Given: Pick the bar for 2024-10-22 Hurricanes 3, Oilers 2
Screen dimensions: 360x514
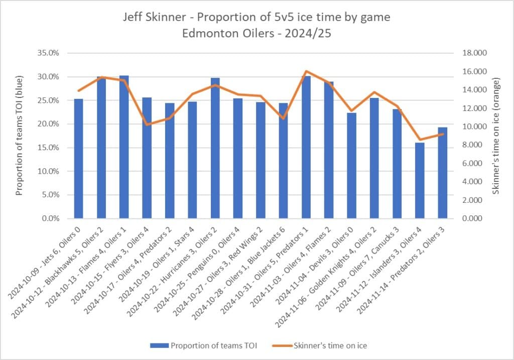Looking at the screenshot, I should (x=215, y=148).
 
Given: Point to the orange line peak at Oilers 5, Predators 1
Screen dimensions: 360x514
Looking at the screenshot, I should (x=306, y=71).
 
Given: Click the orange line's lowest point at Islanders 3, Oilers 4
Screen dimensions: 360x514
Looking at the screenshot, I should (x=419, y=140).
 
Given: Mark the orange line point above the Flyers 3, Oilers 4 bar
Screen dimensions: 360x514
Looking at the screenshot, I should (x=147, y=125).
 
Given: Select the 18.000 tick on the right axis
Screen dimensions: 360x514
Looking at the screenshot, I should (x=473, y=53).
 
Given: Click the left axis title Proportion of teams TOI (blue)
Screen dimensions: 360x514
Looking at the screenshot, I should (x=20, y=136).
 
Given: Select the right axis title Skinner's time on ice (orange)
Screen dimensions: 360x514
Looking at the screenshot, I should (x=495, y=136).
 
